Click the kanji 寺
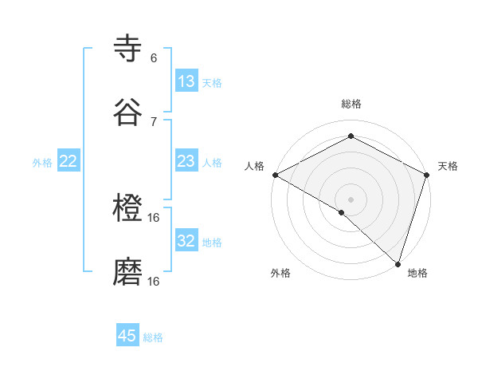pos(128,48)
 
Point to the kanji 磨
pos(128,271)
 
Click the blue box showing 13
pos(186,81)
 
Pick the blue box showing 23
pos(186,162)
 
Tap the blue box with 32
pos(186,241)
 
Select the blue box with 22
pos(69,162)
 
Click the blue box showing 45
pos(127,336)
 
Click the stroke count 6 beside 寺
pos(154,58)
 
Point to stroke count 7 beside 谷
pos(154,121)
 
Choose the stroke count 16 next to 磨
pos(155,282)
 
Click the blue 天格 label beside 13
pos(212,82)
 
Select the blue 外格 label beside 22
pos(42,163)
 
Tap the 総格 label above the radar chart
pos(351,104)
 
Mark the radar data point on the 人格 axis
pos(275,175)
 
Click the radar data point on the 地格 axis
pos(398,262)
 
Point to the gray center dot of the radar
pos(351,198)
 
